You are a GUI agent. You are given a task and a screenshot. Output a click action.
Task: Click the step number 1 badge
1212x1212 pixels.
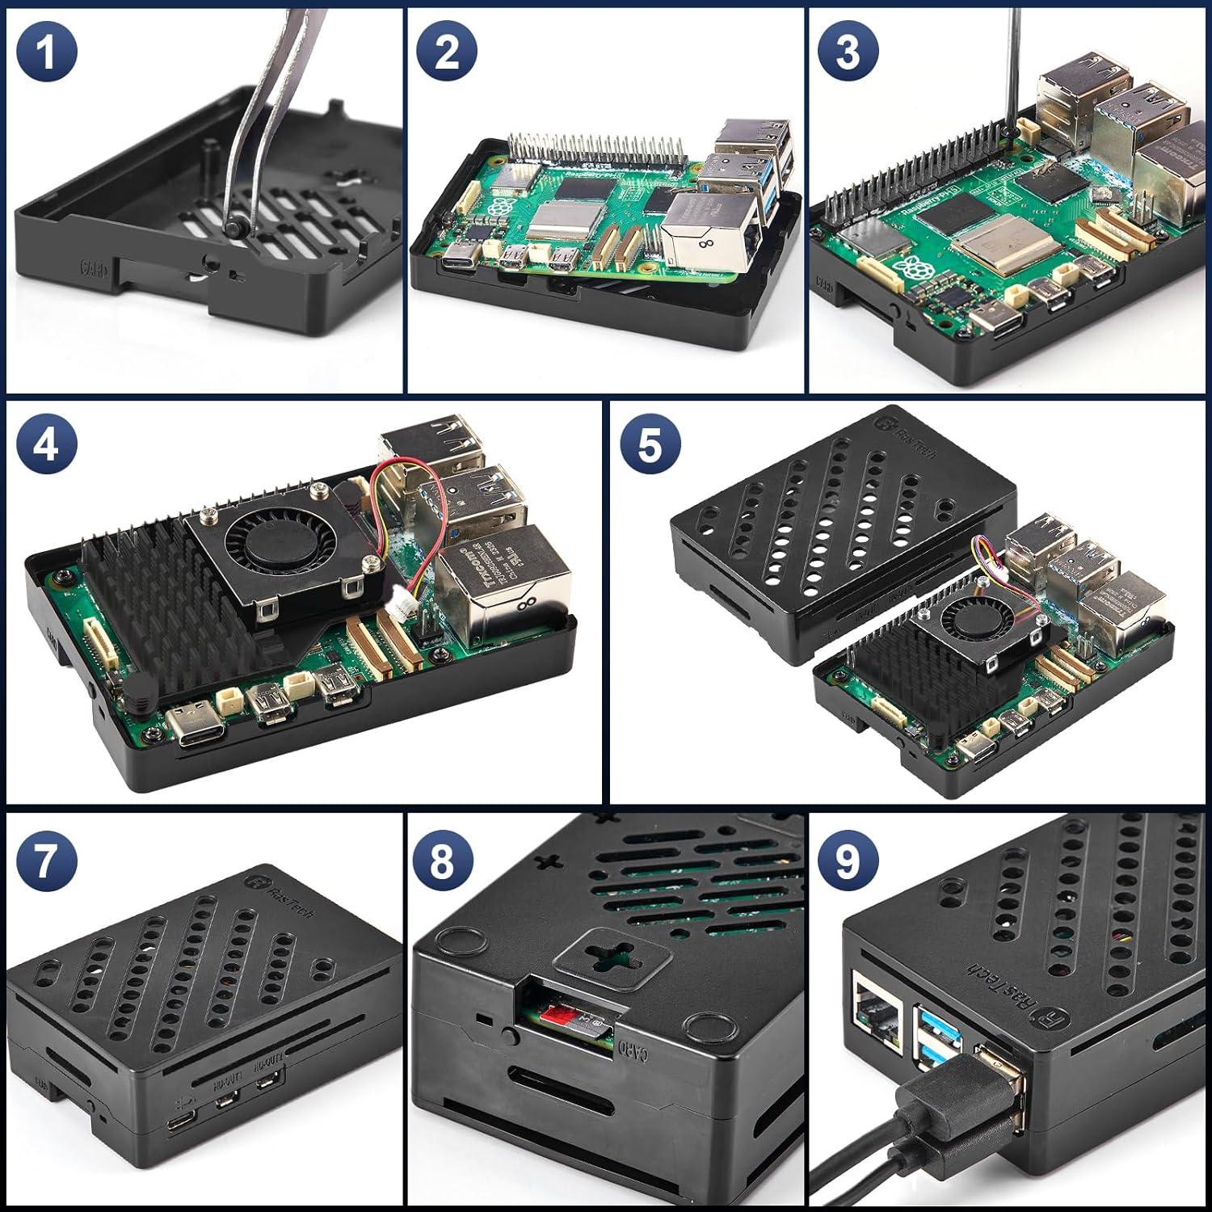pos(46,52)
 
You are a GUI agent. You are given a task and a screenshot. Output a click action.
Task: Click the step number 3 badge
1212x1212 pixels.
pos(848,52)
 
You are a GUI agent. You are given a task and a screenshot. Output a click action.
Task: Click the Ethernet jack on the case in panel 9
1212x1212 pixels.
pos(875,1010)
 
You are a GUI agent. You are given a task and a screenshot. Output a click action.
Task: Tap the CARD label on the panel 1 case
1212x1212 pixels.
pos(91,267)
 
